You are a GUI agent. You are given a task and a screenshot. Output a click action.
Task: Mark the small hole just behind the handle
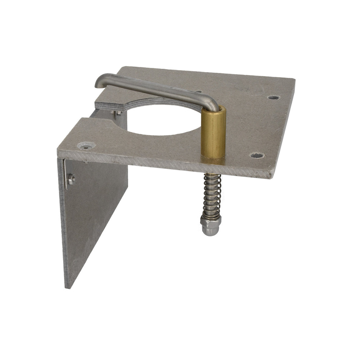click(x=201, y=92)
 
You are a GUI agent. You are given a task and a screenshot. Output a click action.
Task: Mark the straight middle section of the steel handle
click(x=157, y=89)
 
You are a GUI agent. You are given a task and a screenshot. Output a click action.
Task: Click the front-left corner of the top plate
click(x=58, y=152)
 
